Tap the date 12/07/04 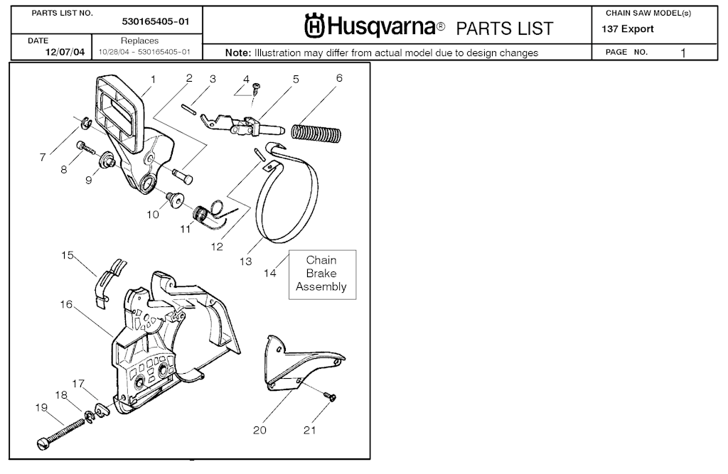click(65, 53)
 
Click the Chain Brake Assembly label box click(321, 274)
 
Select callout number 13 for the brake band click(245, 262)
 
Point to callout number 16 click(66, 304)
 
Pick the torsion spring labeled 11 click(203, 215)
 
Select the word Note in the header click(237, 53)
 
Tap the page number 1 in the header click(682, 53)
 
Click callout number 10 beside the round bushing click(153, 214)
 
